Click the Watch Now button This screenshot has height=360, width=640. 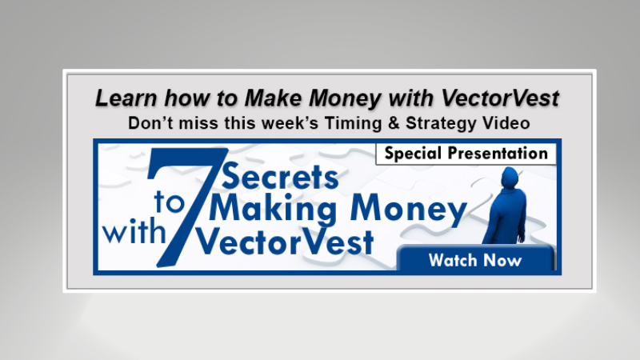(x=474, y=260)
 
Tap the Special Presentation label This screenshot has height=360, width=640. (x=466, y=154)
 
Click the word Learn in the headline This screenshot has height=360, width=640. (x=122, y=98)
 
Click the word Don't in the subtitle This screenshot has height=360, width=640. (x=152, y=123)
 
